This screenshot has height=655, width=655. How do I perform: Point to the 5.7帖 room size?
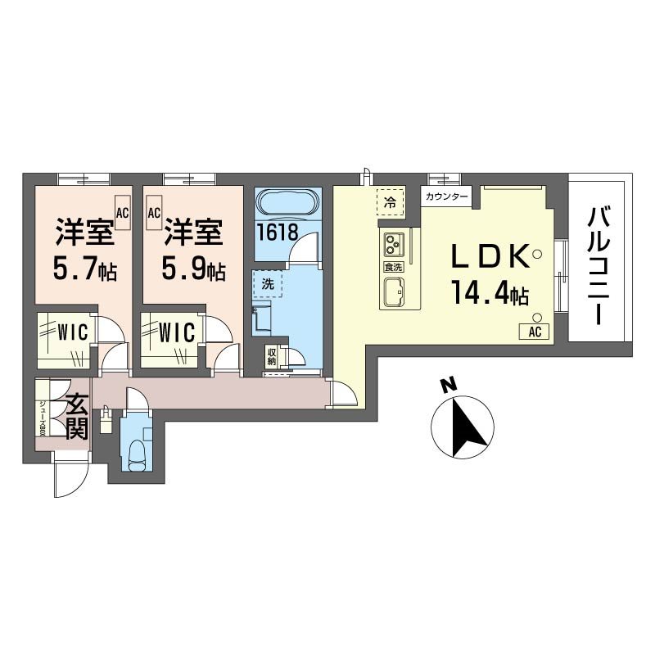pyautogui.click(x=84, y=268)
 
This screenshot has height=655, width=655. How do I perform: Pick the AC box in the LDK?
pyautogui.click(x=534, y=332)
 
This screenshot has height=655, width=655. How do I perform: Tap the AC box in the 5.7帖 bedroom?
pyautogui.click(x=122, y=213)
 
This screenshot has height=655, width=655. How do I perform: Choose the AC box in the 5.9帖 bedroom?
pyautogui.click(x=153, y=213)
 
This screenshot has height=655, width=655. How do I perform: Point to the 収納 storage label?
pyautogui.click(x=271, y=358)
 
